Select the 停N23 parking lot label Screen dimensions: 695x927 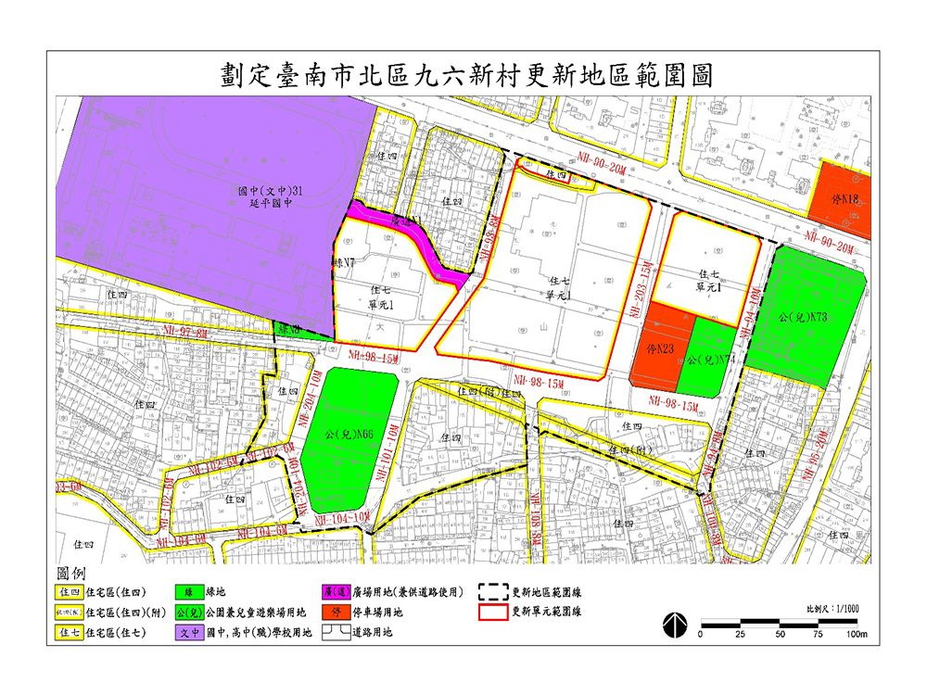(657, 349)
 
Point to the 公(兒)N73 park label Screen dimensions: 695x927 (805, 318)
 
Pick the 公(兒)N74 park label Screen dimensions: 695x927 (709, 360)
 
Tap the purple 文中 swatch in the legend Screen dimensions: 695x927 (189, 633)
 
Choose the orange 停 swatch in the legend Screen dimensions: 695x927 (336, 613)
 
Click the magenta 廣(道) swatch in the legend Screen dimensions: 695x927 (336, 590)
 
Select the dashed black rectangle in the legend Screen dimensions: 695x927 (493, 590)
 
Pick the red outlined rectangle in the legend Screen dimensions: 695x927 (493, 613)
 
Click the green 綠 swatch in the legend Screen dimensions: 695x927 (189, 590)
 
